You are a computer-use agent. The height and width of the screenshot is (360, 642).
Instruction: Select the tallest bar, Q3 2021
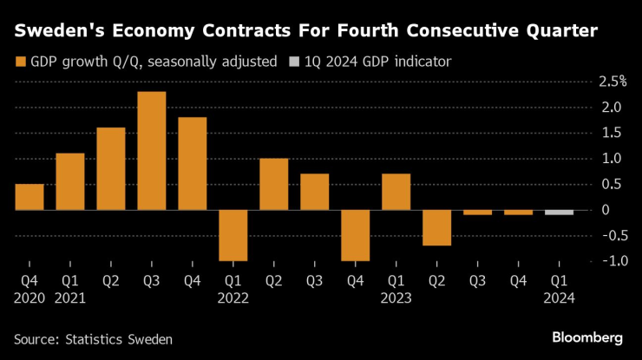(152, 151)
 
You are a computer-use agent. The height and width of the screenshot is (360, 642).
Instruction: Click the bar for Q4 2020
(29, 197)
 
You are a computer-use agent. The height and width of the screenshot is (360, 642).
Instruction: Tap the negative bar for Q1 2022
(233, 235)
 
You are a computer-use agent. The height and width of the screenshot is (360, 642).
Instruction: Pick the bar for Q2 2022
(274, 184)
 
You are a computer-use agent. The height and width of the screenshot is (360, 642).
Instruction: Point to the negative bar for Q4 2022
(356, 235)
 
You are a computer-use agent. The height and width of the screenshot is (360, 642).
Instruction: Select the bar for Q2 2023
(437, 227)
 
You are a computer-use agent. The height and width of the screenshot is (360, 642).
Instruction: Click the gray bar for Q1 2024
(560, 213)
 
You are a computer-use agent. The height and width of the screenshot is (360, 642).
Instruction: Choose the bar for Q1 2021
(70, 181)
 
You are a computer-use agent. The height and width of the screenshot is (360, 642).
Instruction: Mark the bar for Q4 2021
(193, 163)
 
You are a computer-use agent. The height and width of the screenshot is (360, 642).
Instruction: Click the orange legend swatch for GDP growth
(20, 62)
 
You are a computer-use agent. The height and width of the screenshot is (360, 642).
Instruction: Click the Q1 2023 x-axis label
(396, 289)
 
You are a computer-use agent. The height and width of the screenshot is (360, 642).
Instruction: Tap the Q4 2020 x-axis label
(29, 289)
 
